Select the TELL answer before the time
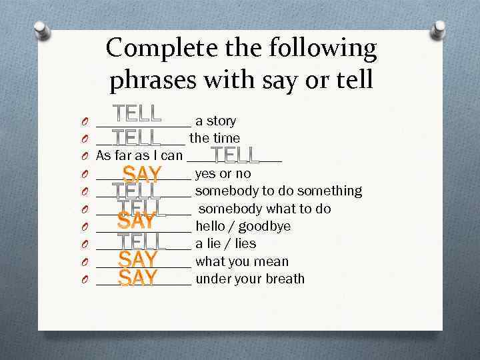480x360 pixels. [137, 138]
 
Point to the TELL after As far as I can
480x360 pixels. [235, 155]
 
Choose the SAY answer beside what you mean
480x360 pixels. [138, 259]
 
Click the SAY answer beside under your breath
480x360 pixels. [138, 277]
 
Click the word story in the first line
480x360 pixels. [221, 121]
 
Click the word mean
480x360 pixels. [274, 261]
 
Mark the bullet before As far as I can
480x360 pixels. [87, 157]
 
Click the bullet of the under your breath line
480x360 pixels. [87, 279]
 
